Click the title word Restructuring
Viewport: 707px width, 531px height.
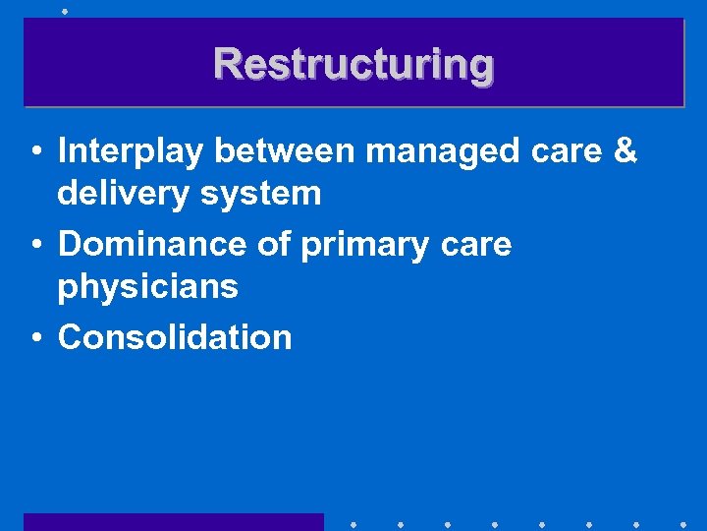coord(353,64)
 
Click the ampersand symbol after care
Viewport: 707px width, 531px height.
coord(625,151)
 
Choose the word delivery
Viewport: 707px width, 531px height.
coord(120,195)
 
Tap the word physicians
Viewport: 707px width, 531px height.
coord(147,288)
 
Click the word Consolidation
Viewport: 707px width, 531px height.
coord(175,337)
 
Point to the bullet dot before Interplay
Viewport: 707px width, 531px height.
coord(34,153)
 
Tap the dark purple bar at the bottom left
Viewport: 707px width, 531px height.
coord(173,521)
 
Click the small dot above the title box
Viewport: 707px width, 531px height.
coord(64,11)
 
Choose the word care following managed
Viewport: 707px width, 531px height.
coord(568,153)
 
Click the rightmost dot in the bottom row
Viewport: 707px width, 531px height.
coord(682,523)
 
